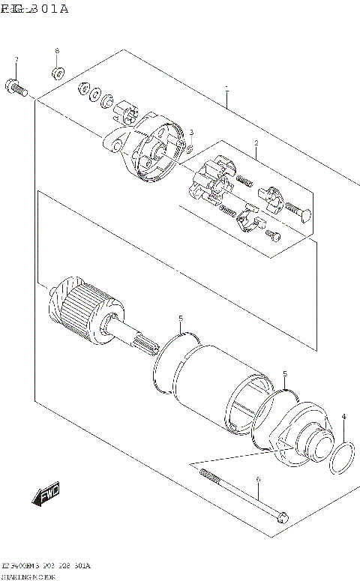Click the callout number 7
pyautogui.click(x=16, y=59)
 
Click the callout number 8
pyautogui.click(x=56, y=51)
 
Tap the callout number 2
pyautogui.click(x=256, y=143)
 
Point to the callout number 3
pyautogui.click(x=191, y=133)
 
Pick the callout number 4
pyautogui.click(x=343, y=417)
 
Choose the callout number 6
pyautogui.click(x=257, y=481)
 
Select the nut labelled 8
pyautogui.click(x=57, y=73)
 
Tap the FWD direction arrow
pyautogui.click(x=46, y=495)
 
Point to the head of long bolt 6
pyautogui.click(x=282, y=517)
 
